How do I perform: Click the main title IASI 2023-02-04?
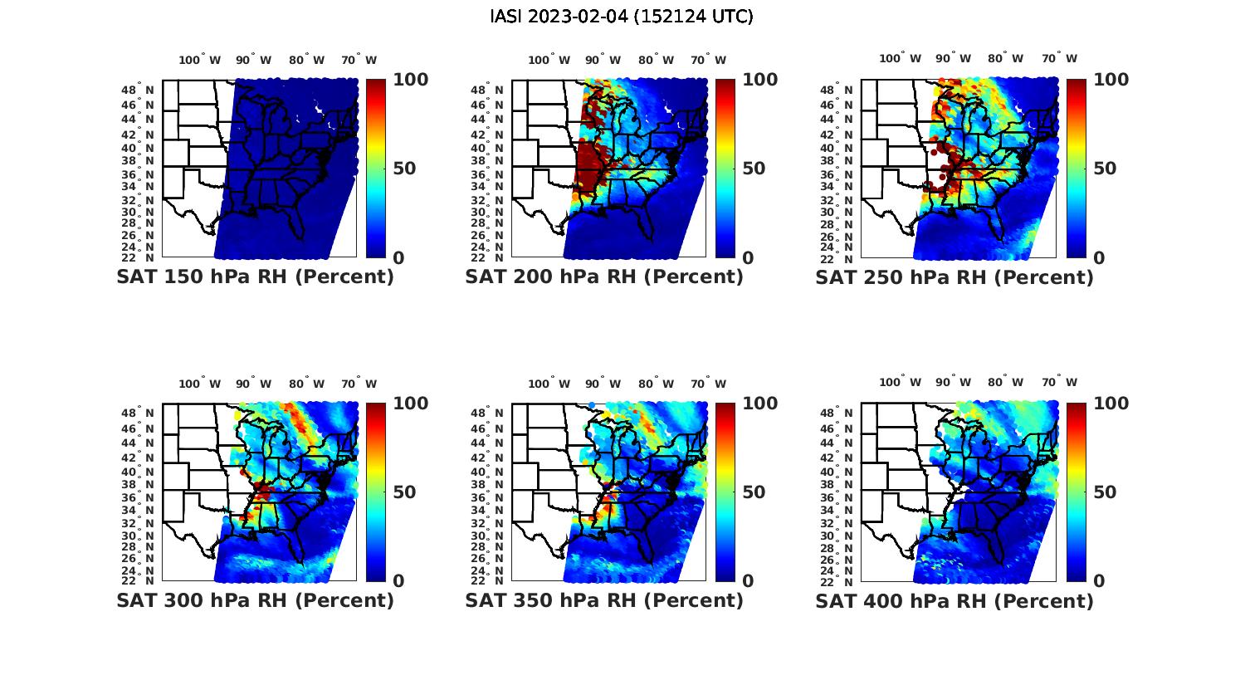pos(622,17)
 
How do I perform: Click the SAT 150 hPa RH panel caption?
pos(255,277)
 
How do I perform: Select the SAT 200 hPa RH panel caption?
pos(604,277)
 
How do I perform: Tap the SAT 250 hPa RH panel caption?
pos(954,277)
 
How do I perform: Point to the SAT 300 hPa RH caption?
pos(255,600)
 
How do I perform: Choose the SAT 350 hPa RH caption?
pos(604,600)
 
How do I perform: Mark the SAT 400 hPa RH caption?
pos(954,600)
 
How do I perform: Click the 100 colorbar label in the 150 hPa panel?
pos(410,80)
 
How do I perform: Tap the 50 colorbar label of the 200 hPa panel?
pos(753,169)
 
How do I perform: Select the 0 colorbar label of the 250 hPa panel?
pos(1099,258)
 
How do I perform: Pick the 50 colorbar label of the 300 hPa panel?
pos(403,492)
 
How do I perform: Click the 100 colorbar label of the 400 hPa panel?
pos(1111,404)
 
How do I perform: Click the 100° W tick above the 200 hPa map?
pos(549,60)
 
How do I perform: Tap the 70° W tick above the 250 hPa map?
pos(1059,58)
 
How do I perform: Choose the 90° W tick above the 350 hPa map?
pos(603,384)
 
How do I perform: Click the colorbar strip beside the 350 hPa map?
pos(725,492)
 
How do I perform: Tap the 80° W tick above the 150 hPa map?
pos(306,60)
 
